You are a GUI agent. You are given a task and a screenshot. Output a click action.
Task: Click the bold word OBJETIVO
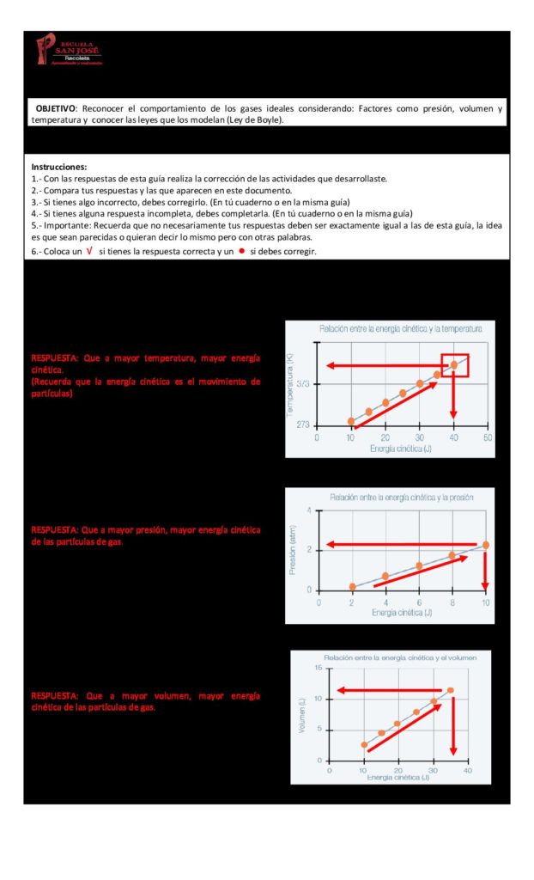[55, 109]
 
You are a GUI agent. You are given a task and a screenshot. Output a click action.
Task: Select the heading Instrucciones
[59, 166]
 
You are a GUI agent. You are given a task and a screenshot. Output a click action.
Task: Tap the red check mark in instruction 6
[90, 251]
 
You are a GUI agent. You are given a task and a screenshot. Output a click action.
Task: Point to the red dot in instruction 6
[241, 251]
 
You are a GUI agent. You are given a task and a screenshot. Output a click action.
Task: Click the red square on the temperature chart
[454, 365]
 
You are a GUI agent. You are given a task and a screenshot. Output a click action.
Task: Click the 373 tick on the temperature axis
[305, 384]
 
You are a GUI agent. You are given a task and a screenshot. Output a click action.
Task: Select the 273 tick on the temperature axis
[305, 425]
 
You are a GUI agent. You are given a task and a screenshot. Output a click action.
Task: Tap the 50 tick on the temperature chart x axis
[487, 437]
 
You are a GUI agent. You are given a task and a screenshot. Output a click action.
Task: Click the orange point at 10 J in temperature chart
[351, 422]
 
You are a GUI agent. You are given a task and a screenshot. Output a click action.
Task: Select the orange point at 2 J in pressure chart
[352, 587]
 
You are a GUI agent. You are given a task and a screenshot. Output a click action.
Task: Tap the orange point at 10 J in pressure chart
[486, 545]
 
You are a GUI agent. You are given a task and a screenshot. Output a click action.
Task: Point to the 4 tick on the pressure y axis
[309, 510]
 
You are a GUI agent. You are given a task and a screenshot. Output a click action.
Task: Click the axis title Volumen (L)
[301, 715]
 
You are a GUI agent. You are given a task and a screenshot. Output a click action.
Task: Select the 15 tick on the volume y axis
[319, 668]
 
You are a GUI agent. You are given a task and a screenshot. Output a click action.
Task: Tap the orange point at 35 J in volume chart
[450, 690]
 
